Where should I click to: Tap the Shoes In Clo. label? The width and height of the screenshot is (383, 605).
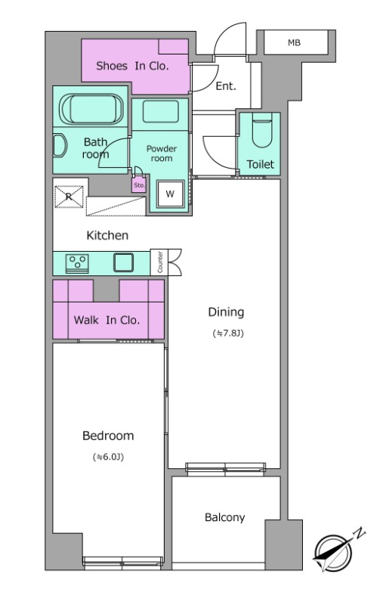[x=132, y=66]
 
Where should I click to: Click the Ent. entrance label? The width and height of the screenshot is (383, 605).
[x=226, y=86]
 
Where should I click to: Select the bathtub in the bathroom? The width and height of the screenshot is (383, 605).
[x=91, y=109]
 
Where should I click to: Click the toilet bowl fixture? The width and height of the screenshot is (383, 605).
[x=262, y=130]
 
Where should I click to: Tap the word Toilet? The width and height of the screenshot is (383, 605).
[x=261, y=164]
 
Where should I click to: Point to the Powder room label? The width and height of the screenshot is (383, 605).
[x=162, y=154]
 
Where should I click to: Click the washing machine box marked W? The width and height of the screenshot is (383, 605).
[x=170, y=194]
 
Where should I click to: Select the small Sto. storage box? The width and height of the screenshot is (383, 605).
[x=139, y=185]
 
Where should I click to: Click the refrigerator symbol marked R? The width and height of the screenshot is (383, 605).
[x=69, y=197]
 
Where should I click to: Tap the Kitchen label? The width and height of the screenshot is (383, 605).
[x=107, y=235]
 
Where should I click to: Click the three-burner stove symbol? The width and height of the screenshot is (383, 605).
[x=77, y=263]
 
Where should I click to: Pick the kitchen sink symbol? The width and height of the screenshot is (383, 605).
[x=123, y=262]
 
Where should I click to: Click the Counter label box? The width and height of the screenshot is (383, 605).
[x=159, y=262]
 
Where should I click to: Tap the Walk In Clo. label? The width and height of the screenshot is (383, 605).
[x=107, y=320]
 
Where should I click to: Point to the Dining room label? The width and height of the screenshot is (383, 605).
[x=226, y=312]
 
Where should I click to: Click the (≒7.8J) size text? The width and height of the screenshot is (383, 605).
[x=228, y=333]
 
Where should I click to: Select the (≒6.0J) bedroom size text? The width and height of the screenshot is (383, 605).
[x=108, y=458]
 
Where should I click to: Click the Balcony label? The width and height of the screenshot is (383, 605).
[x=224, y=517]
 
